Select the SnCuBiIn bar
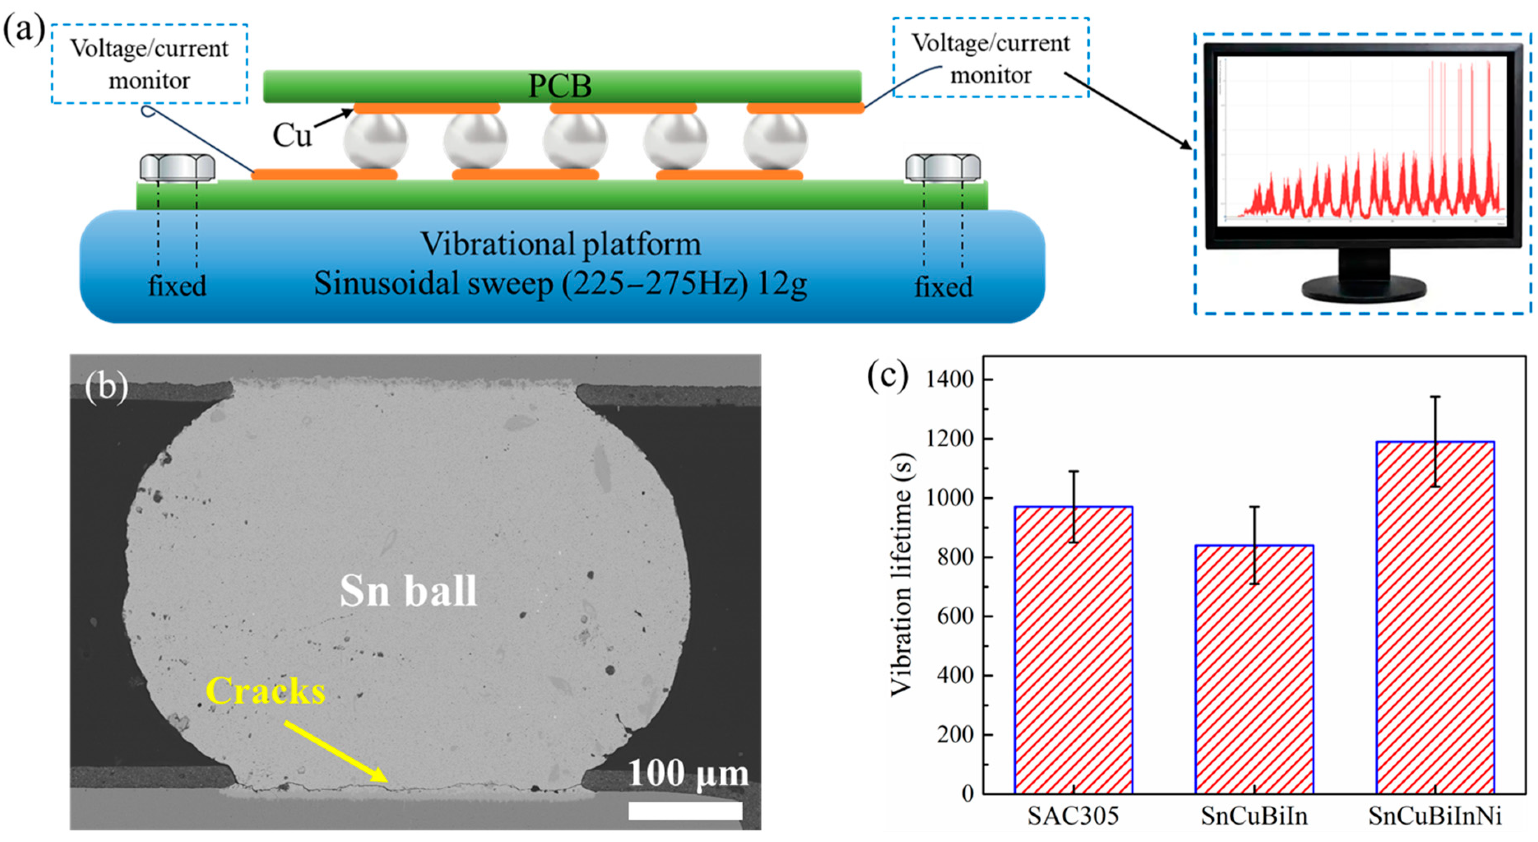[1254, 669]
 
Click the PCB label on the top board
[560, 86]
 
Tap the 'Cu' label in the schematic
[292, 136]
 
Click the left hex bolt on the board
[177, 168]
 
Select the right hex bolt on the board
[943, 168]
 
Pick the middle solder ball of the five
[574, 141]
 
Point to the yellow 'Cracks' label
[266, 691]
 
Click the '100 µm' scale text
[688, 774]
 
